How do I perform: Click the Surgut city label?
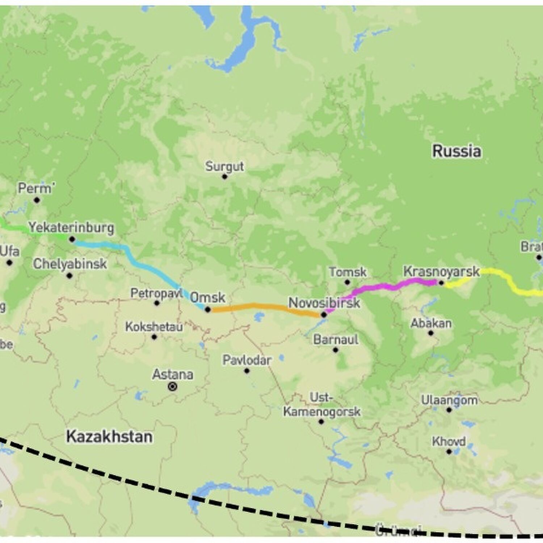pyautogui.click(x=224, y=167)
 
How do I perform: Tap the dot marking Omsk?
pyautogui.click(x=207, y=310)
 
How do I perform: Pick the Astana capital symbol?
pyautogui.click(x=173, y=387)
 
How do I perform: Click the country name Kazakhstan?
pyautogui.click(x=109, y=437)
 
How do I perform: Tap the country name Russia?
pyautogui.click(x=456, y=151)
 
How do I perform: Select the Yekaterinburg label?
pyautogui.click(x=71, y=228)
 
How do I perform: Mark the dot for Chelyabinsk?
pyautogui.click(x=70, y=276)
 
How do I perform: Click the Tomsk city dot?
pyautogui.click(x=347, y=282)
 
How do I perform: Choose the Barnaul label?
pyautogui.click(x=336, y=340)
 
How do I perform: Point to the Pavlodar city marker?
pyautogui.click(x=247, y=371)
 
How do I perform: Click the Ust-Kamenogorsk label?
pyautogui.click(x=321, y=405)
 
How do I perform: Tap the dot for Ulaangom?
pyautogui.click(x=449, y=410)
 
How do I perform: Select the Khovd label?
pyautogui.click(x=449, y=442)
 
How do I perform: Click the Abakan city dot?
pyautogui.click(x=431, y=333)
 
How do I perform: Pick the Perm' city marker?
pyautogui.click(x=37, y=200)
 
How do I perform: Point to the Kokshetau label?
pyautogui.click(x=154, y=327)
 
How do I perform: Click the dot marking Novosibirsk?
pyautogui.click(x=324, y=315)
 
